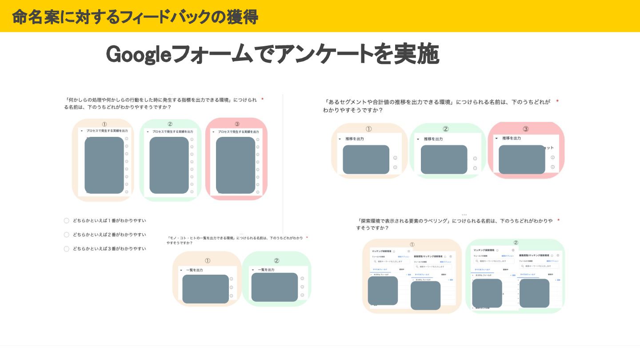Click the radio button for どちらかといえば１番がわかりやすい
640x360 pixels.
[x=67, y=220]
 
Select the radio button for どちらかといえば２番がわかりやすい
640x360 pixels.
[x=67, y=235]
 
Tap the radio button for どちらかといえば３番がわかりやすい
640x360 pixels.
[x=67, y=249]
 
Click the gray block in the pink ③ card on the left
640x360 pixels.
[x=236, y=165]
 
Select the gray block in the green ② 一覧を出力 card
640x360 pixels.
[x=274, y=287]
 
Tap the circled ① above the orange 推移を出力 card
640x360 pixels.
[x=368, y=129]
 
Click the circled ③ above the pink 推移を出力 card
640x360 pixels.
[x=526, y=129]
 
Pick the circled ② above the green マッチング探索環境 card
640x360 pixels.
[x=516, y=243]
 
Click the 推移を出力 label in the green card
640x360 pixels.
[x=433, y=139]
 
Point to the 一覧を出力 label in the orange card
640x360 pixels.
[x=194, y=270]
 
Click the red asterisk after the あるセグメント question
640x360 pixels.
[x=557, y=102]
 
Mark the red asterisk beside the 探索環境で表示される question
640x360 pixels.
[x=559, y=220]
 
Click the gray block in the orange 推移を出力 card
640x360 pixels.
[x=366, y=160]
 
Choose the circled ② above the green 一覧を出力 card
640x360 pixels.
[x=276, y=261]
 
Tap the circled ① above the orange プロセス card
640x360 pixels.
[x=104, y=124]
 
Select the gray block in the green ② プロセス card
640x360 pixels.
[x=169, y=165]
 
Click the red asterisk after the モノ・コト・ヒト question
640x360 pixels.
[x=307, y=238]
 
